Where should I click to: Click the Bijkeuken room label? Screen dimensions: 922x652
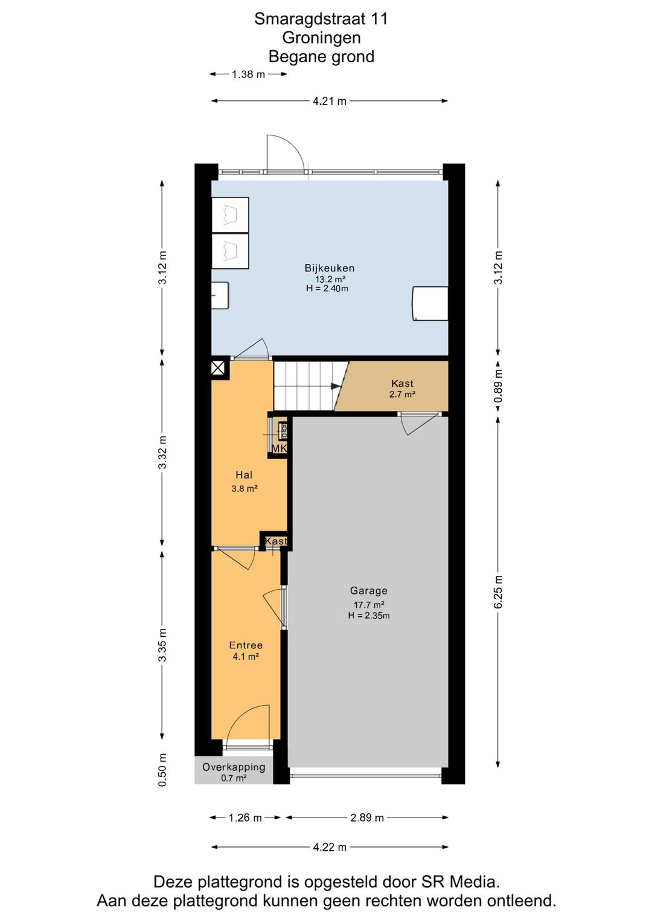pos(329,268)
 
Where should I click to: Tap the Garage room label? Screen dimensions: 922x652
pos(368,591)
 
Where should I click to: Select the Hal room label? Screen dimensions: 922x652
pos(244,476)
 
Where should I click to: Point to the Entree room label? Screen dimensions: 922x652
pos(246,645)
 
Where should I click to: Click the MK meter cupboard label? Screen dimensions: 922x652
pos(279,448)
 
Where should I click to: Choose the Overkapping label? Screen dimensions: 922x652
pos(234,767)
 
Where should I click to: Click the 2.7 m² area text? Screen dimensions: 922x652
pos(402,395)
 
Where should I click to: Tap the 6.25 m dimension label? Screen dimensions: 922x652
pos(498,592)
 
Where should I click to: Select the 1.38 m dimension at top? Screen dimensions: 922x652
pos(248,74)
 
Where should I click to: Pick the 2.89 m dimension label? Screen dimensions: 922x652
pos(367,817)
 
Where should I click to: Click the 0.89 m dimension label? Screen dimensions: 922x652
pos(498,385)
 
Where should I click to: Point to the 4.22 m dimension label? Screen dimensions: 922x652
pos(330,847)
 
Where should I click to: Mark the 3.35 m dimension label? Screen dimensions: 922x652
pos(162,645)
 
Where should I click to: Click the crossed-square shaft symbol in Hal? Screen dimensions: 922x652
pos(218,367)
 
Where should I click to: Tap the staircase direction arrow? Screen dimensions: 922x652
pos(336,386)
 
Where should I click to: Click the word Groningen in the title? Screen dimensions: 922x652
pos(321,37)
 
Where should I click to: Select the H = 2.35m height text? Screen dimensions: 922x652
pos(369,616)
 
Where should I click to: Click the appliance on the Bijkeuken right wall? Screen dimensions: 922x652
pos(430,303)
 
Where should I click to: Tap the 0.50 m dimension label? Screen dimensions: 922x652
pos(162,770)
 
